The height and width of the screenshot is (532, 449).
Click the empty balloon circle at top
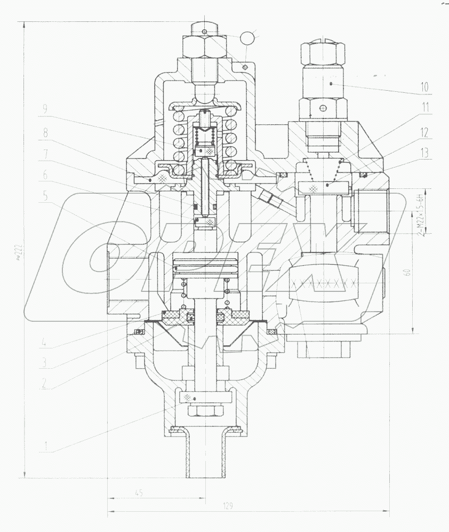pyautogui.click(x=247, y=38)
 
